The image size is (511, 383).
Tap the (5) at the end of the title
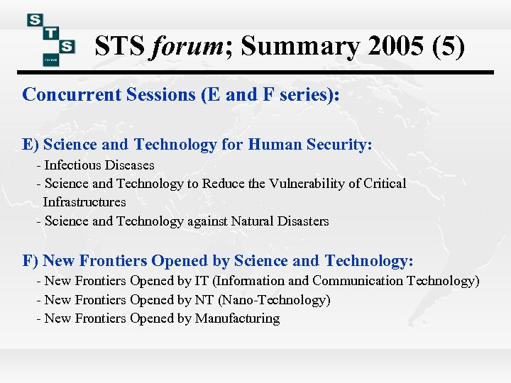449,47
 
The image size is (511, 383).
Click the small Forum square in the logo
50,60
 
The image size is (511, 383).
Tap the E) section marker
31,145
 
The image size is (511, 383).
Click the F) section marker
31,261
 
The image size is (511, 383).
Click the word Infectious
73,165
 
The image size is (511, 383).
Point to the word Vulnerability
309,184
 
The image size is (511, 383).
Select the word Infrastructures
84,202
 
